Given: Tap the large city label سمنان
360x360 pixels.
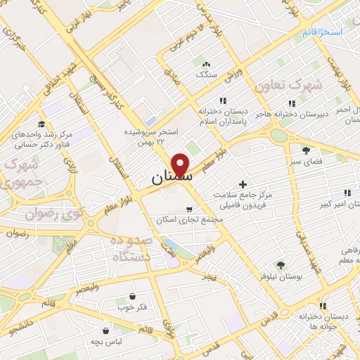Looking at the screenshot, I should tap(169, 179).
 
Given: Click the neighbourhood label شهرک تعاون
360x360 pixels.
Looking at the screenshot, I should tap(288, 85).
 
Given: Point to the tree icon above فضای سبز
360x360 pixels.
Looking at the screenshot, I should tap(306, 150).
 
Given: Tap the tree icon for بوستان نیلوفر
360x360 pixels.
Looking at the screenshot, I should tap(281, 265).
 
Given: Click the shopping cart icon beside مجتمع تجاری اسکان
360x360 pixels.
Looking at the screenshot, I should tap(188, 209).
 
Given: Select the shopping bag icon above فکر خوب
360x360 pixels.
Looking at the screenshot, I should tap(133, 296).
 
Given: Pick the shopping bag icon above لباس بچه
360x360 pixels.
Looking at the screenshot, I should tap(105, 330).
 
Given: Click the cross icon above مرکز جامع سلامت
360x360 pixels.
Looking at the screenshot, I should tap(243, 165).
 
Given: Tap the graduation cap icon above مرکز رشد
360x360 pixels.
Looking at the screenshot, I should tap(42, 124).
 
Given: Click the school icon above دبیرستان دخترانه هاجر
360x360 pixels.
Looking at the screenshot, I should tap(292, 103).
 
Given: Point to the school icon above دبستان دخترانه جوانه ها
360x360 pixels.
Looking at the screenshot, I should tap(323, 306).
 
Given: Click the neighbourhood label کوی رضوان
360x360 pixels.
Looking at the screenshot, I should tap(47, 212).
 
